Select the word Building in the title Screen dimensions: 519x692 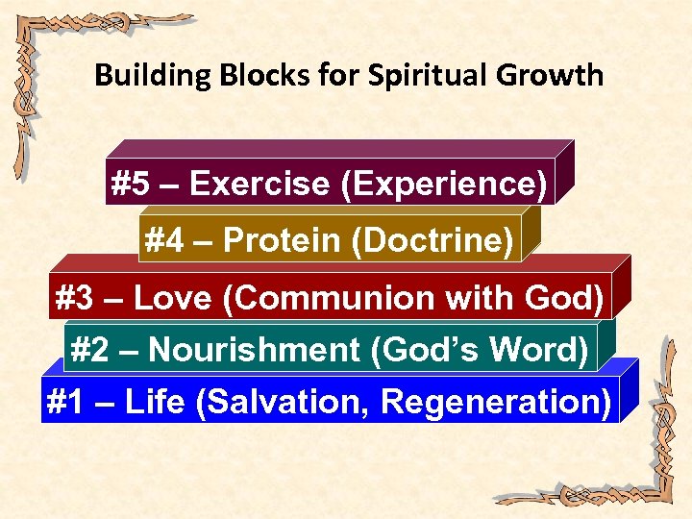point(145,75)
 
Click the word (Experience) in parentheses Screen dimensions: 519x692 point(444,184)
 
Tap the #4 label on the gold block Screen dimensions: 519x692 point(164,240)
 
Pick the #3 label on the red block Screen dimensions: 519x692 point(76,299)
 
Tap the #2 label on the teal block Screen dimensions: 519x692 point(90,350)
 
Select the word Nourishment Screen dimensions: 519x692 point(255,350)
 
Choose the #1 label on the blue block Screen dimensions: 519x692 point(65,402)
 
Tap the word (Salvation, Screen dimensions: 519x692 point(284,402)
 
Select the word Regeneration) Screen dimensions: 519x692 point(496,402)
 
